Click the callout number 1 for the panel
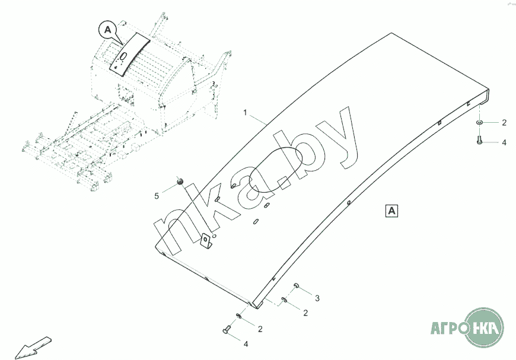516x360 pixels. click(244, 111)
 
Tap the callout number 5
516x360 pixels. click(157, 196)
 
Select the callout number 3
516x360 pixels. click(317, 297)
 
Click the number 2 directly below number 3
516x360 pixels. click(305, 313)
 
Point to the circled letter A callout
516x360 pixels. click(107, 28)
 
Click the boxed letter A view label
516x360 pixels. click(393, 209)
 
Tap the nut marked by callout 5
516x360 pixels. click(181, 180)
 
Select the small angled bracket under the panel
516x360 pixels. click(206, 242)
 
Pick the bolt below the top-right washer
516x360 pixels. click(479, 140)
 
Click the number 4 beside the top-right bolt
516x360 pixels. click(504, 143)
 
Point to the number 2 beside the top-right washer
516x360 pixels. click(504, 123)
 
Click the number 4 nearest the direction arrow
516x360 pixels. click(246, 343)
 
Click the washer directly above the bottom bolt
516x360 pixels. click(239, 316)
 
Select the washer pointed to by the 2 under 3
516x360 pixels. click(285, 301)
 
